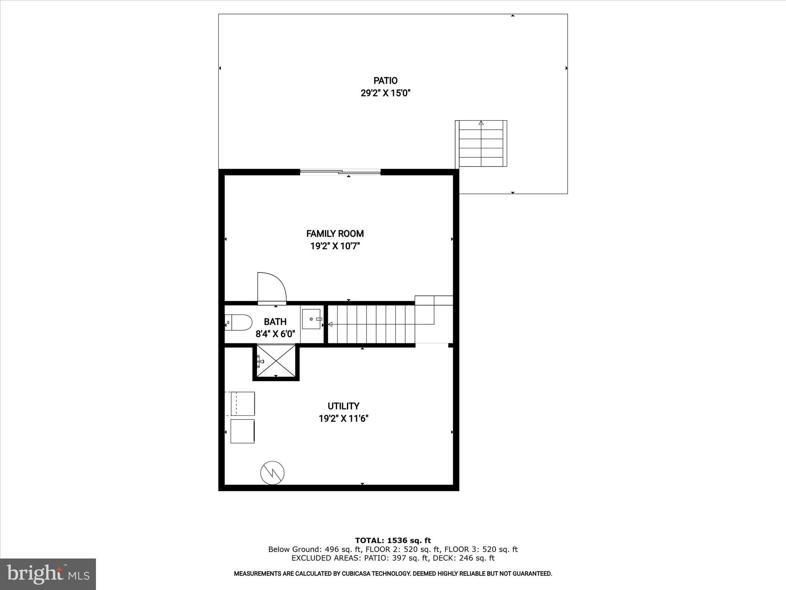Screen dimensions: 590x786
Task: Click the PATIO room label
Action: point(385,81)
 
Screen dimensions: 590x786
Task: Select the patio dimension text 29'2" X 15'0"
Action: point(385,93)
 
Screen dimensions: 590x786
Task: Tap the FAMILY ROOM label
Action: point(335,234)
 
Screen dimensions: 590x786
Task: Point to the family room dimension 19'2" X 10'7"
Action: point(335,246)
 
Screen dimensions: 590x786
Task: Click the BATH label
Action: point(275,322)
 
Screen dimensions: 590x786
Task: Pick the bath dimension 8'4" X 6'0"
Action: point(275,334)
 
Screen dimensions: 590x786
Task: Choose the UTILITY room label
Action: point(343,406)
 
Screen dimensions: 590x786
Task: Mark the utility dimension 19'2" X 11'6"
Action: point(343,418)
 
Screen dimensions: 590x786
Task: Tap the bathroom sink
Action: point(311,319)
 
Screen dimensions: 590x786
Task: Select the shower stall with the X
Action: point(276,361)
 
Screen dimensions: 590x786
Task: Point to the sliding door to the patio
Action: point(340,172)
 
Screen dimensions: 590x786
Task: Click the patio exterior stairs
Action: point(481,144)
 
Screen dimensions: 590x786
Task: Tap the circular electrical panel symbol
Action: point(272,472)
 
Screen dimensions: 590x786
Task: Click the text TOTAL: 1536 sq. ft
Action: point(393,541)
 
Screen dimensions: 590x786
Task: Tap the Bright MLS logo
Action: point(48,574)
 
